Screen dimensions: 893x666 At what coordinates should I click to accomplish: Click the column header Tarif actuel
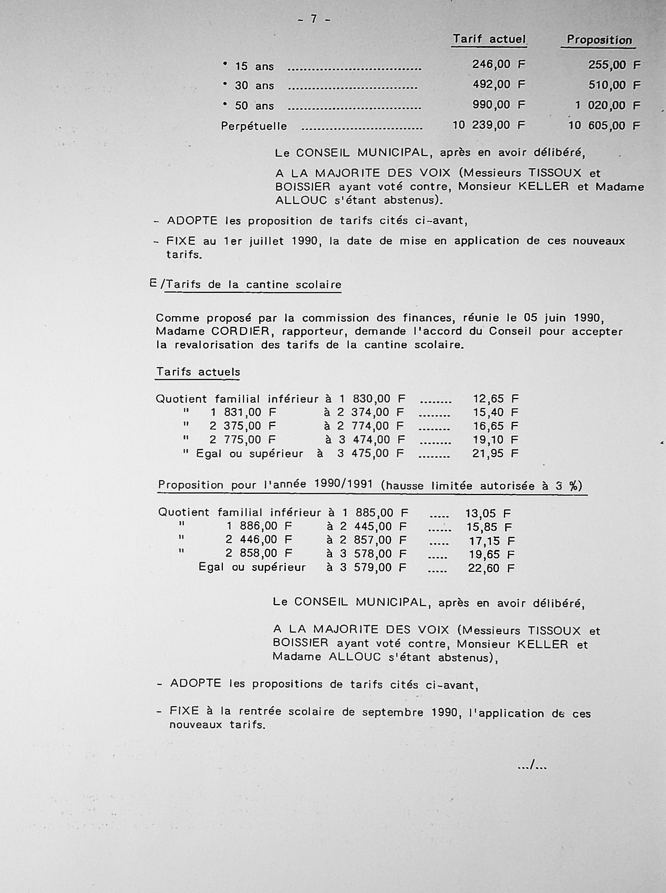click(489, 39)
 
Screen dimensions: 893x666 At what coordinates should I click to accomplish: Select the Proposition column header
click(599, 40)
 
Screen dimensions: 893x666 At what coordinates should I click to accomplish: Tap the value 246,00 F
click(499, 64)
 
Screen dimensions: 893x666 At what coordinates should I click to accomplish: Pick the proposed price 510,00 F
click(614, 86)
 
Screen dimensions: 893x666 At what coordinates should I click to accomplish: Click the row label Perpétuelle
click(254, 127)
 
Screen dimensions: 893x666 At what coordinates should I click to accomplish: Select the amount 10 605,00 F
click(604, 126)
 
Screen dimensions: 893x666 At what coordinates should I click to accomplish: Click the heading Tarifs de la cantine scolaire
click(254, 285)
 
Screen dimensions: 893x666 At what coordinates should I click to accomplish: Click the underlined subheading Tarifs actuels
click(198, 372)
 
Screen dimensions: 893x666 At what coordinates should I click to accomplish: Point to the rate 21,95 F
click(495, 454)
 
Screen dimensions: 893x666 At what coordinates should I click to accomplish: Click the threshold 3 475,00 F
click(371, 454)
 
